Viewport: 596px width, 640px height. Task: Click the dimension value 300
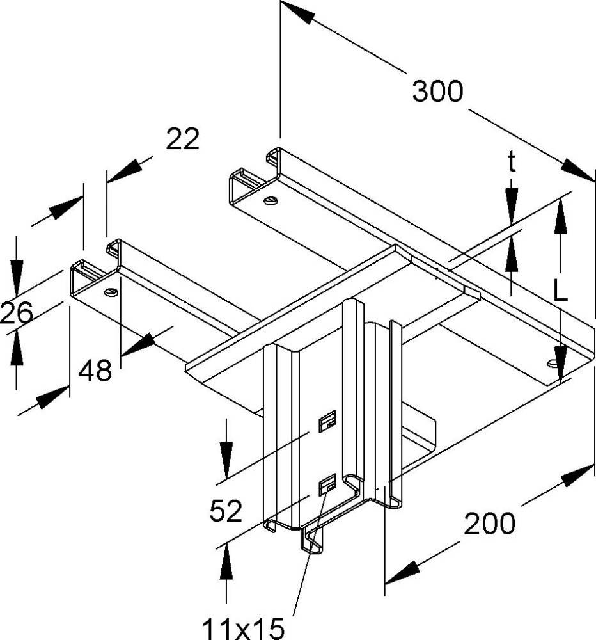pyautogui.click(x=437, y=92)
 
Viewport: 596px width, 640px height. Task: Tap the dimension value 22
pyautogui.click(x=182, y=139)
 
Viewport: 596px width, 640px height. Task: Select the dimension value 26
pyautogui.click(x=16, y=314)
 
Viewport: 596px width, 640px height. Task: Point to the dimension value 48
pyautogui.click(x=95, y=370)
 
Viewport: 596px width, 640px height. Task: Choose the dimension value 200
pyautogui.click(x=489, y=524)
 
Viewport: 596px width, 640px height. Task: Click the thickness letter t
pyautogui.click(x=512, y=163)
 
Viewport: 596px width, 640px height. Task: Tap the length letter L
pyautogui.click(x=561, y=291)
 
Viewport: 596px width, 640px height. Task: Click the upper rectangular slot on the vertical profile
pyautogui.click(x=327, y=421)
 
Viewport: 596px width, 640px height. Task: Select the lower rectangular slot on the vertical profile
pyautogui.click(x=327, y=485)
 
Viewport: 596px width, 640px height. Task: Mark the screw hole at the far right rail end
pyautogui.click(x=552, y=364)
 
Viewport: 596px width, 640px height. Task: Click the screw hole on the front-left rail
pyautogui.click(x=111, y=293)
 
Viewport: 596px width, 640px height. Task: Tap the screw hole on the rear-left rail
pyautogui.click(x=271, y=202)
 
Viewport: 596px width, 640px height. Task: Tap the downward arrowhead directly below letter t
pyautogui.click(x=512, y=204)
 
